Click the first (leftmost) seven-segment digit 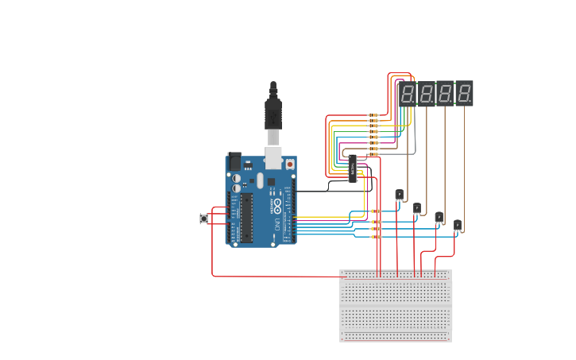(407, 94)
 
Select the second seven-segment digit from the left (426, 94)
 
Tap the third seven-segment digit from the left (445, 94)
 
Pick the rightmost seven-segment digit (464, 94)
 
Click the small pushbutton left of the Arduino (203, 219)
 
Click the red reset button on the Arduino (289, 164)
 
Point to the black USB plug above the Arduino (273, 111)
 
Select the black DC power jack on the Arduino (234, 161)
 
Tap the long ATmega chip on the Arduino (247, 217)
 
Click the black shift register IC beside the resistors (352, 168)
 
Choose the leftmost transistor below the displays (399, 195)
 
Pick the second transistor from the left (417, 208)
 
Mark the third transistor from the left (439, 217)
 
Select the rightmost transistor (458, 226)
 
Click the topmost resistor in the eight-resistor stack (373, 115)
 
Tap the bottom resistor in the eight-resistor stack (373, 154)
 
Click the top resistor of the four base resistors (376, 211)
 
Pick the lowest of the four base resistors (376, 237)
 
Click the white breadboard (396, 306)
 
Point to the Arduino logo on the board (277, 207)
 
